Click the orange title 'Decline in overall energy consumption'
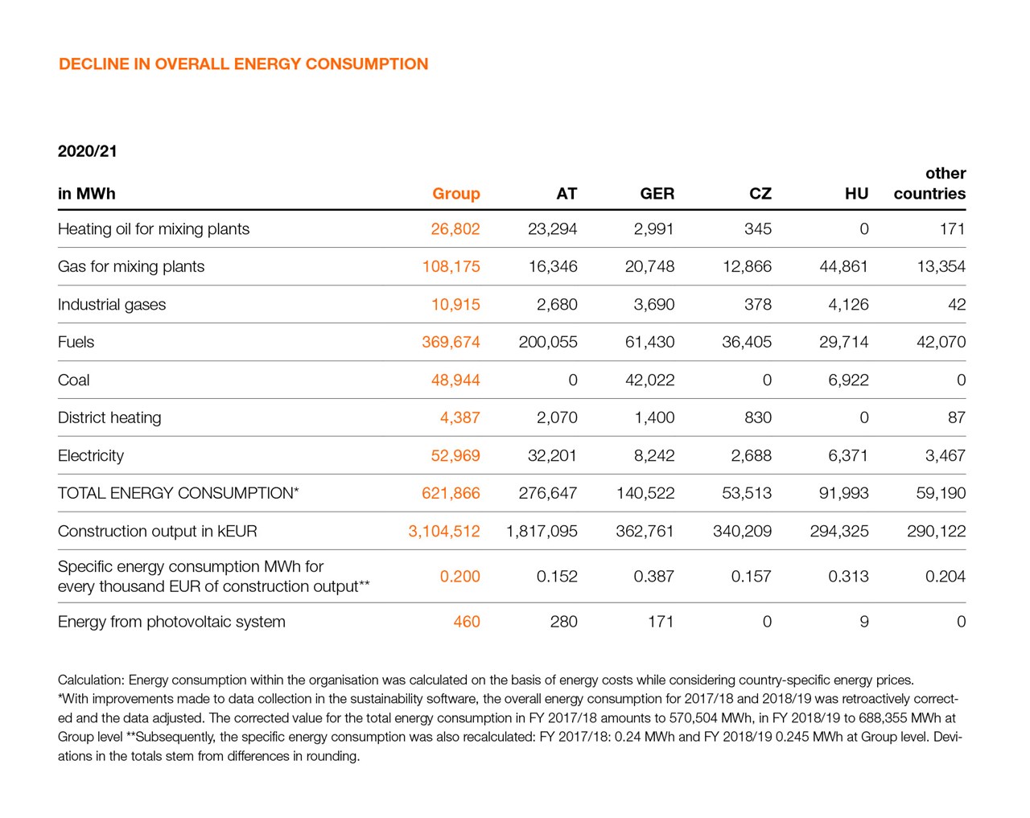(243, 64)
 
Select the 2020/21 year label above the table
(87, 151)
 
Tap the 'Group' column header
(455, 194)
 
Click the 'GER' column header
(657, 194)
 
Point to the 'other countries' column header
(929, 183)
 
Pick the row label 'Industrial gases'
(112, 305)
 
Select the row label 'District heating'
(109, 418)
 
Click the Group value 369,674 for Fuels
(451, 343)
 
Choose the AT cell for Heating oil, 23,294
(552, 229)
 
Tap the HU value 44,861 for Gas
(843, 267)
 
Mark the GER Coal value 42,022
(649, 380)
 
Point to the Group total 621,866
(451, 494)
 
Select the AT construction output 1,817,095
(542, 532)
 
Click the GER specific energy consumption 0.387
(653, 577)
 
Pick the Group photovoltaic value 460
(466, 622)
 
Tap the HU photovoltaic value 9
(863, 622)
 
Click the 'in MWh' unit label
(86, 194)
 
